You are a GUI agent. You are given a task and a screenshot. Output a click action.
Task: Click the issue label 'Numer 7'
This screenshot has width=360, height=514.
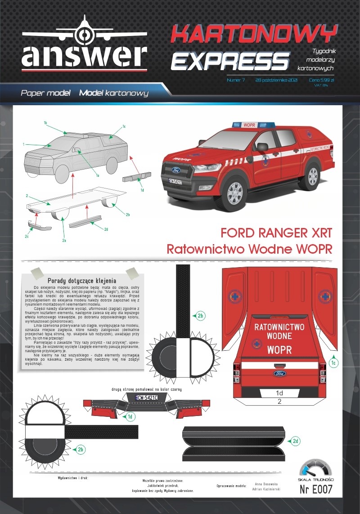pyautogui.click(x=236, y=80)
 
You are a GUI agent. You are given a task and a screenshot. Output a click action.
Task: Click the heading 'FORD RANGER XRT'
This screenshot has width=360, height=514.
pyautogui.click(x=276, y=233)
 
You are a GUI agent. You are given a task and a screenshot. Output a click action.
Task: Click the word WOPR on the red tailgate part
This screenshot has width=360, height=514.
pyautogui.click(x=279, y=349)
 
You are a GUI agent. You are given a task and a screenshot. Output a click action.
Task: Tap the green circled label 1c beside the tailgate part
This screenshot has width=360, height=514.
pyautogui.click(x=333, y=362)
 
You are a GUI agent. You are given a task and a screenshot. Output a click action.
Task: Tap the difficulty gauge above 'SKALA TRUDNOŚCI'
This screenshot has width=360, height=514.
pyautogui.click(x=315, y=469)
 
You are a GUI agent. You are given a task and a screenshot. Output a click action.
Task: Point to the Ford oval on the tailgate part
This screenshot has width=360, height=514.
pyautogui.click(x=279, y=373)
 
